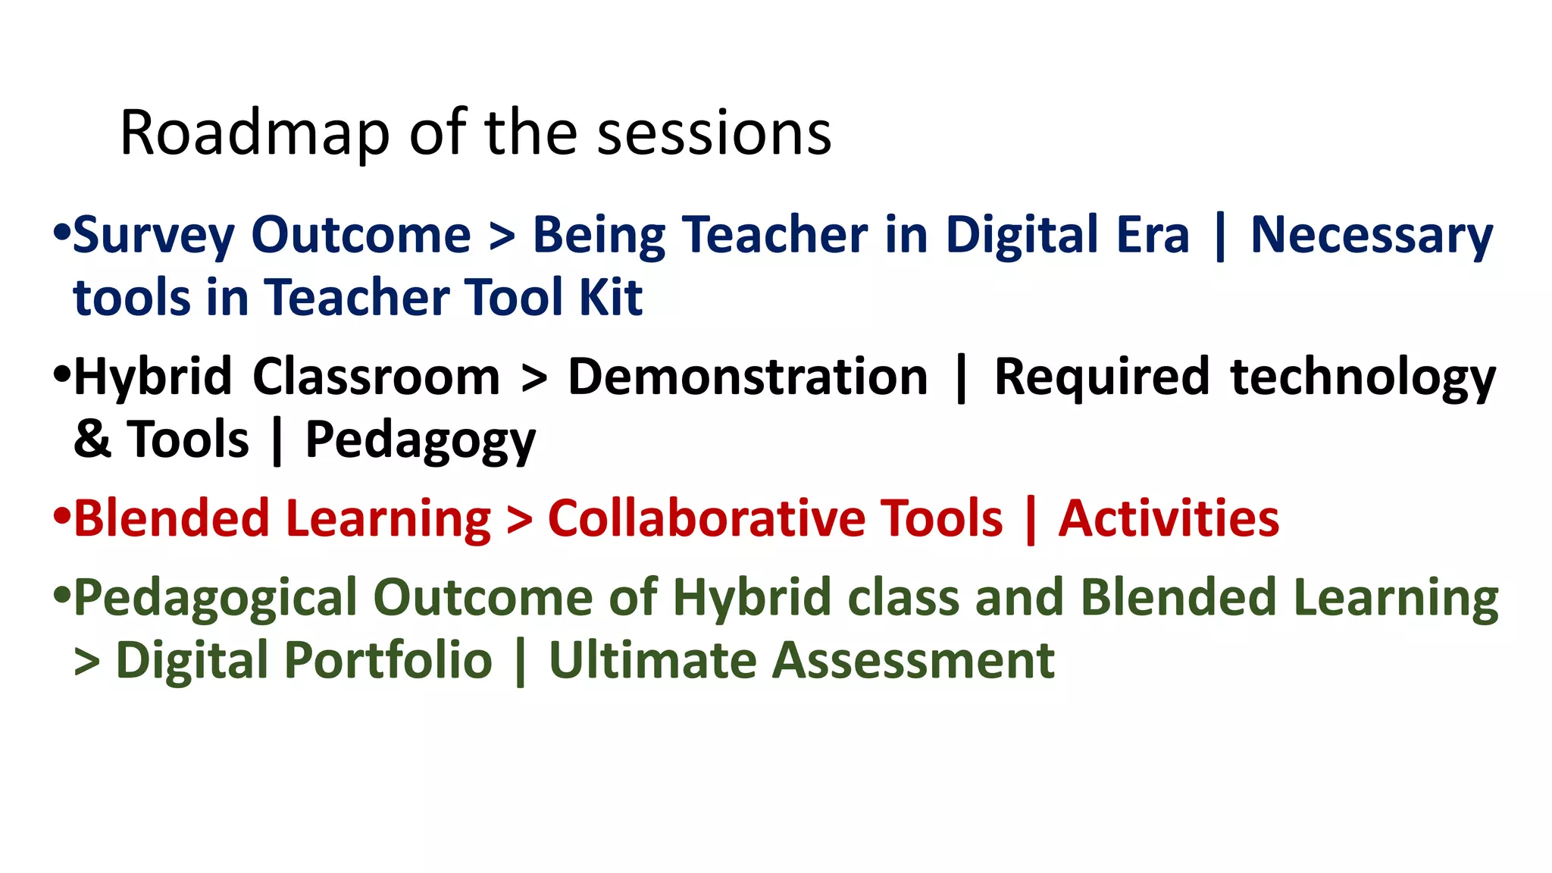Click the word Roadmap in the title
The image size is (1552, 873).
255,134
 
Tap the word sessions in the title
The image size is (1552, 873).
714,134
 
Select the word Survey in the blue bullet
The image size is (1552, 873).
154,236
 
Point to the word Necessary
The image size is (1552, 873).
1371,236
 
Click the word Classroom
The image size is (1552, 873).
376,377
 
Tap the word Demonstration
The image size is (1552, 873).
747,377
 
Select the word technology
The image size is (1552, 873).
1363,378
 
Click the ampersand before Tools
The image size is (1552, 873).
92,440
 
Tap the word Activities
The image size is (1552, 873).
1169,519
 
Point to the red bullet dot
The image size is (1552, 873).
62,516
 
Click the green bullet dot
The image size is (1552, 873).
62,595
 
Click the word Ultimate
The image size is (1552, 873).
652,660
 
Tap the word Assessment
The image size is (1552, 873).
913,660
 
